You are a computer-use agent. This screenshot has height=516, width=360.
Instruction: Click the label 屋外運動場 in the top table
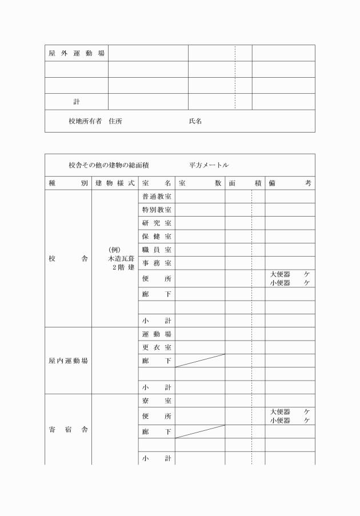point(76,53)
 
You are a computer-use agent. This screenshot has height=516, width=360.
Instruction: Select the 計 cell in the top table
point(76,102)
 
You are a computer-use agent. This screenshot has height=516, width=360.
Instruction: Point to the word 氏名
point(195,121)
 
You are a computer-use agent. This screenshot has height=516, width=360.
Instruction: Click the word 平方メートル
point(209,165)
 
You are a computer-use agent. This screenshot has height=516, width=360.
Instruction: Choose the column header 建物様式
point(115,183)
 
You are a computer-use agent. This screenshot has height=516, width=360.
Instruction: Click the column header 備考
point(290,183)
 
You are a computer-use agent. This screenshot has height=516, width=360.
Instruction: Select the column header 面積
point(245,183)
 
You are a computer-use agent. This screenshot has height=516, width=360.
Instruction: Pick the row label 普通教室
point(157,197)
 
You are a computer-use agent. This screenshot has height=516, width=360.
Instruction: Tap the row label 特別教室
point(157,210)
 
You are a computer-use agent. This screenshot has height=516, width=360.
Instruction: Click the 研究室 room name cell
point(157,223)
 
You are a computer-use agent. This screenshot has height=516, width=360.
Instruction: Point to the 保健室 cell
point(157,236)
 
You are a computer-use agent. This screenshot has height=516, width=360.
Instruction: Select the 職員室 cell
point(157,250)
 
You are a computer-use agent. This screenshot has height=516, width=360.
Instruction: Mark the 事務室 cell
point(157,263)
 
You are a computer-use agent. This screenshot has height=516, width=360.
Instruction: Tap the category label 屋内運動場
point(68,361)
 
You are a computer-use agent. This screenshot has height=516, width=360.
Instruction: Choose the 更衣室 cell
point(157,347)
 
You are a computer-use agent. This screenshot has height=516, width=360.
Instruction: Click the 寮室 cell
point(157,401)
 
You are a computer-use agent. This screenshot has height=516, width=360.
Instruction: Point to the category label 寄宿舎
point(68,430)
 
